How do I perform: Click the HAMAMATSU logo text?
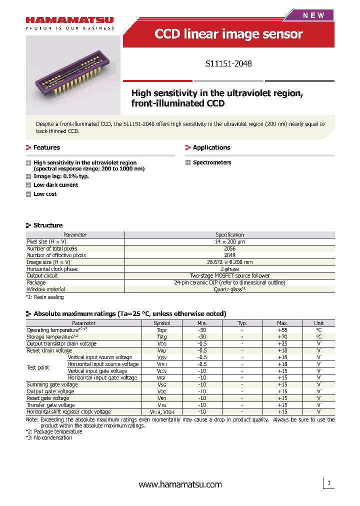click(x=69, y=20)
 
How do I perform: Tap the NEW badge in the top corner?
click(x=313, y=15)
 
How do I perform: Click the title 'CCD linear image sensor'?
click(x=228, y=34)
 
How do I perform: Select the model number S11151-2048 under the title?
click(x=228, y=64)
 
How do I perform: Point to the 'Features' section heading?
click(x=46, y=147)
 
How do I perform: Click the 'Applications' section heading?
click(x=211, y=147)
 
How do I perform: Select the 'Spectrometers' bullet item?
click(x=212, y=162)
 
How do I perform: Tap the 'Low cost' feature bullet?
click(x=45, y=194)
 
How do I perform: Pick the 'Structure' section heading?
click(x=48, y=225)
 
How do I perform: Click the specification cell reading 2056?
click(x=229, y=248)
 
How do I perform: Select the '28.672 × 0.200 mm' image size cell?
click(x=229, y=262)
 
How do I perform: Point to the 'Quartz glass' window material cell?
click(x=229, y=289)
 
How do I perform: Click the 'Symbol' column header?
click(x=162, y=323)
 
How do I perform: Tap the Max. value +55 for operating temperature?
click(x=282, y=330)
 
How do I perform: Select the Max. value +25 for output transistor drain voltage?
click(x=282, y=344)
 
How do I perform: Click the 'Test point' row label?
click(x=38, y=367)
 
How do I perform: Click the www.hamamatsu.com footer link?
click(x=180, y=484)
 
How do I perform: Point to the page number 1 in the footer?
click(x=328, y=483)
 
